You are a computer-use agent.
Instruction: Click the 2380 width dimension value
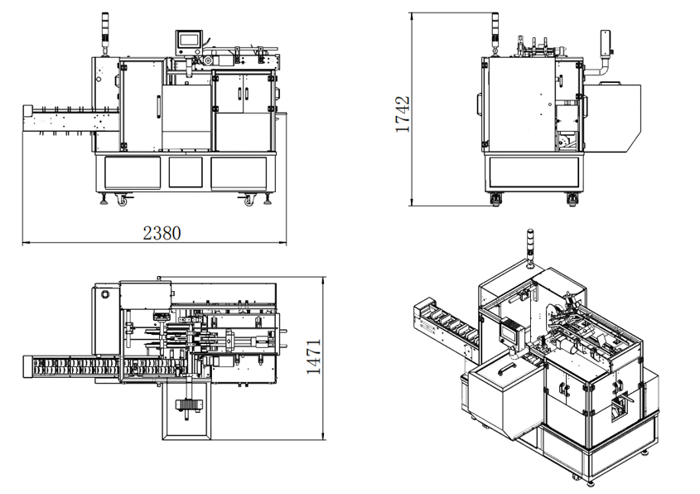click(x=162, y=233)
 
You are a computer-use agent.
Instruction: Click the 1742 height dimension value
click(x=403, y=114)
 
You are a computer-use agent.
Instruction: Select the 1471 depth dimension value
click(x=313, y=356)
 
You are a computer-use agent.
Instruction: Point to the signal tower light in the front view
click(x=105, y=33)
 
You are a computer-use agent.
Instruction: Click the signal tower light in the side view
click(x=495, y=33)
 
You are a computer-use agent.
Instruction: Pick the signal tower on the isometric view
click(x=530, y=248)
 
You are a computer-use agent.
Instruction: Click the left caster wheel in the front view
click(x=122, y=201)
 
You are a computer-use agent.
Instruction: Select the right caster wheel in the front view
click(x=249, y=201)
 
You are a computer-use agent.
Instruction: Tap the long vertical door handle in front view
click(x=158, y=107)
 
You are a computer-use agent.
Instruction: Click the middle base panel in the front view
click(x=186, y=172)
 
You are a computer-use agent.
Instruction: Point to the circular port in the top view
click(x=106, y=295)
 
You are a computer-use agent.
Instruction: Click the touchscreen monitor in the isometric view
click(x=512, y=332)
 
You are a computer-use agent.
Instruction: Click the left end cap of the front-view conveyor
click(x=27, y=111)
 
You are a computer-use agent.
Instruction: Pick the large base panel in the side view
click(x=533, y=172)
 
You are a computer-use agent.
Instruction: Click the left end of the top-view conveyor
click(x=25, y=367)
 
